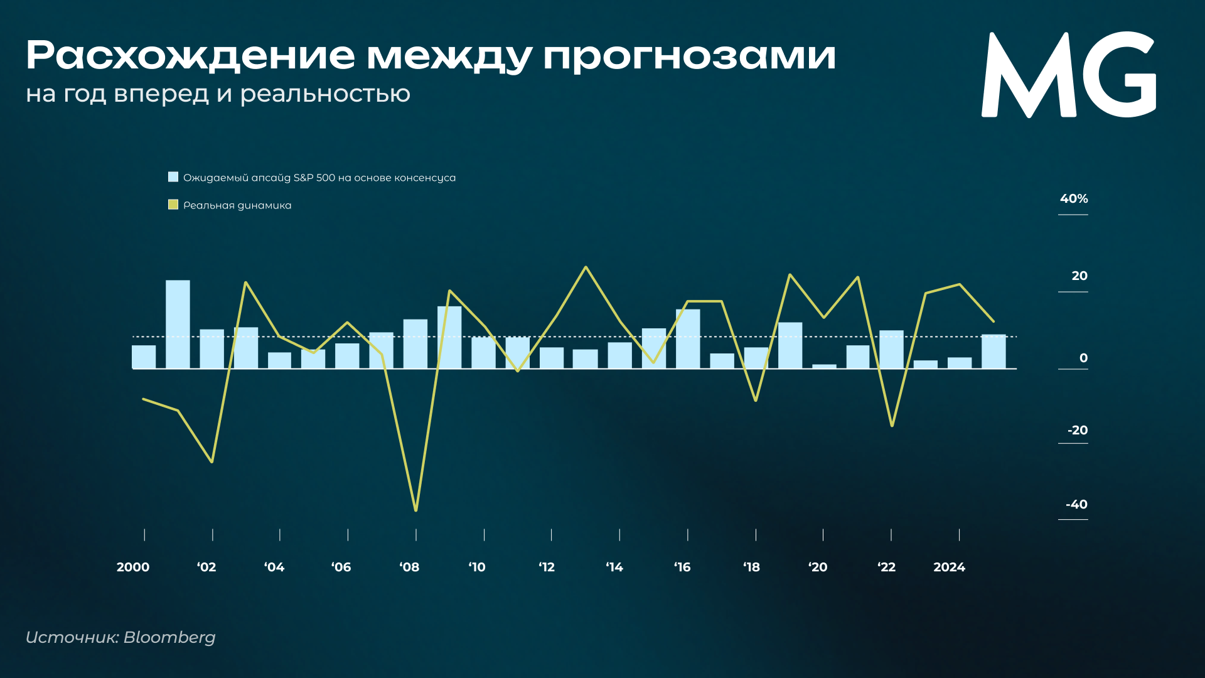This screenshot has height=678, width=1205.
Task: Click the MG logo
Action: click(x=1069, y=75)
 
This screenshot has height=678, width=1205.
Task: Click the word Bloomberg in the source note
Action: click(x=169, y=638)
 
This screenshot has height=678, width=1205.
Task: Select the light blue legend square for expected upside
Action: click(x=173, y=177)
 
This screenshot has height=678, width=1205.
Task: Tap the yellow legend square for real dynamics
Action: click(x=173, y=205)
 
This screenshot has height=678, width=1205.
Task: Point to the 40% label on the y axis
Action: click(x=1074, y=199)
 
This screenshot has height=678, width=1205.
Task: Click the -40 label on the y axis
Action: click(x=1076, y=505)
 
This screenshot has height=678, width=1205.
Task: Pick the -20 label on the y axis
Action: click(x=1078, y=431)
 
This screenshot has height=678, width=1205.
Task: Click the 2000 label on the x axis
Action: click(x=133, y=568)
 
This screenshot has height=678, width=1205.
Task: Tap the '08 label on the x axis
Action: click(x=409, y=568)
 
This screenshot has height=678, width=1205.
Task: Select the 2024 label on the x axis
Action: click(x=949, y=568)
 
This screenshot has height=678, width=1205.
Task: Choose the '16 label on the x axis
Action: click(x=682, y=568)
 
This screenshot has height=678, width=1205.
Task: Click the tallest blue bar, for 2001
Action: click(x=178, y=325)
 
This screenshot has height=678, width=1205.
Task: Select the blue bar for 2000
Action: click(x=144, y=357)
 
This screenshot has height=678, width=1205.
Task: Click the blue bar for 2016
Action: click(x=688, y=339)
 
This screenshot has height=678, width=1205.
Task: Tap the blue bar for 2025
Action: click(x=993, y=352)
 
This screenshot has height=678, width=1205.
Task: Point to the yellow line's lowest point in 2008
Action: click(x=416, y=510)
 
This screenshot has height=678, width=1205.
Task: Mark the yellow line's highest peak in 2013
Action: click(x=586, y=267)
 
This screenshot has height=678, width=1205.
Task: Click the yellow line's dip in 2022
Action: click(x=892, y=426)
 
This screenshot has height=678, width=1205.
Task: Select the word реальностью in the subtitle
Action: click(x=325, y=94)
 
